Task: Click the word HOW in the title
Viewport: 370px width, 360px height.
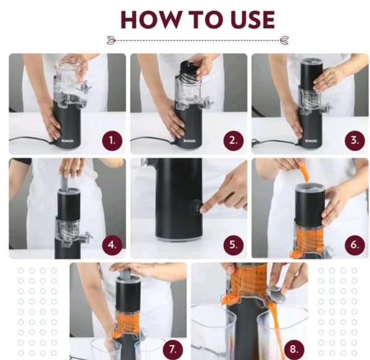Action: pyautogui.click(x=150, y=20)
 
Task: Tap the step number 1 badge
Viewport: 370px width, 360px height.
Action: pyautogui.click(x=112, y=141)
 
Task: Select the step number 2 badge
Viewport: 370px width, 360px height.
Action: pyautogui.click(x=233, y=141)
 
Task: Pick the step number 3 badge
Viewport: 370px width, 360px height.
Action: pyautogui.click(x=355, y=140)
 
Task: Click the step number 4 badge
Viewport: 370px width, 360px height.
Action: pyautogui.click(x=112, y=245)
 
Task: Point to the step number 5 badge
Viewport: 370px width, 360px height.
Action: pyautogui.click(x=233, y=245)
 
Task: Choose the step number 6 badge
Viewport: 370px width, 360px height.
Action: pyautogui.click(x=355, y=245)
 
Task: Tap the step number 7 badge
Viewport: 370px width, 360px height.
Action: pyautogui.click(x=173, y=350)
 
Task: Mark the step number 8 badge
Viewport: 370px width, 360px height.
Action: pyautogui.click(x=294, y=349)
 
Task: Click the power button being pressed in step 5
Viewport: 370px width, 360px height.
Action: pyautogui.click(x=196, y=207)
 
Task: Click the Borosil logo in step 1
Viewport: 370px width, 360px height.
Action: pyautogui.click(x=66, y=141)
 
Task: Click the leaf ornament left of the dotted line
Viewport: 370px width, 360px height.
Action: pyautogui.click(x=111, y=40)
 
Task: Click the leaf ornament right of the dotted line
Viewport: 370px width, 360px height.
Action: pyautogui.click(x=284, y=40)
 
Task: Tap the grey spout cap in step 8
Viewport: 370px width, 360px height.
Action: pyautogui.click(x=277, y=294)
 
